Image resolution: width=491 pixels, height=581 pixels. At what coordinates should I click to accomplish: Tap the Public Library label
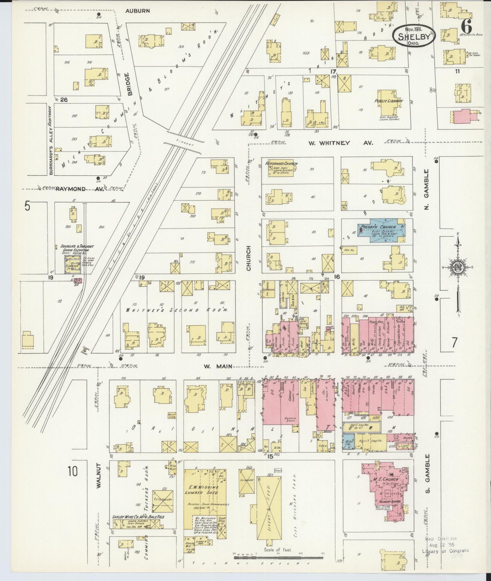tap(389, 101)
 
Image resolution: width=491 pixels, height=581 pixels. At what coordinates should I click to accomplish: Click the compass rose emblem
tap(458, 267)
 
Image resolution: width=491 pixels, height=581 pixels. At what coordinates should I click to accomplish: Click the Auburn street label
tap(137, 11)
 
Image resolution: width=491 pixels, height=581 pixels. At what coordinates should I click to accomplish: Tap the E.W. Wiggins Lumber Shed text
tap(200, 490)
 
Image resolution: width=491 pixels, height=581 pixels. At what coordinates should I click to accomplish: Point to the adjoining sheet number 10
tap(72, 472)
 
